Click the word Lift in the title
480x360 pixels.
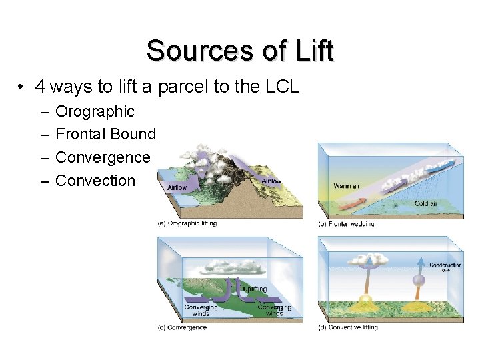click(309, 51)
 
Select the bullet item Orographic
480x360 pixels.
click(95, 111)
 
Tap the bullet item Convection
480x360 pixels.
click(95, 181)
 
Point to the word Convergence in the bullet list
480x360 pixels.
click(103, 157)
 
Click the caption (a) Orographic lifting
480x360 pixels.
click(187, 223)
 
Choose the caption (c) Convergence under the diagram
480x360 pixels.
click(182, 327)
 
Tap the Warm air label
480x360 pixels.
click(347, 185)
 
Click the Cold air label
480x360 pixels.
click(426, 203)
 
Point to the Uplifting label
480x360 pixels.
click(255, 289)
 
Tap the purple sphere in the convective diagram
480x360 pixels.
click(419, 281)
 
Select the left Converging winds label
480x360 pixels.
click(201, 310)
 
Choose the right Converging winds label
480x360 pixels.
click(274, 310)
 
